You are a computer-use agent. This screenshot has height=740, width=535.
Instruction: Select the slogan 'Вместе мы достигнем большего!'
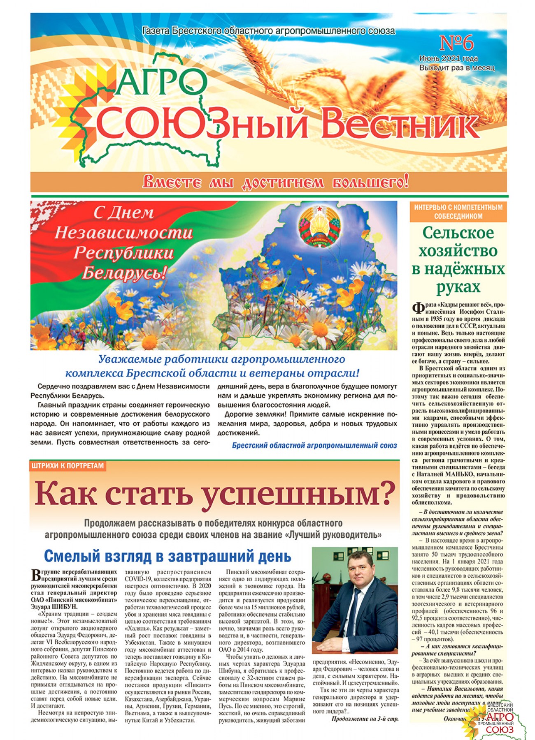point(275,182)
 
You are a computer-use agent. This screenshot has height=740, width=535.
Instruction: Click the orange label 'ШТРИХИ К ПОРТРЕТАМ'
point(68,466)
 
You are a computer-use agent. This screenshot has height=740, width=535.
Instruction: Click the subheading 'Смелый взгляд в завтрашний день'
point(167,556)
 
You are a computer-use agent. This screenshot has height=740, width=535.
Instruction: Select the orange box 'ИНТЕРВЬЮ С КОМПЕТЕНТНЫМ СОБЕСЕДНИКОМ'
point(458,212)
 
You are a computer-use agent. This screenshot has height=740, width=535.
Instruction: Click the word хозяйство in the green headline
point(458,250)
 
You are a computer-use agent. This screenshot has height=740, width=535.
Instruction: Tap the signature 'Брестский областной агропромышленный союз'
point(314,445)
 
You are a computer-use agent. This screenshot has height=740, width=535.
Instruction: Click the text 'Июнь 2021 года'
point(448,58)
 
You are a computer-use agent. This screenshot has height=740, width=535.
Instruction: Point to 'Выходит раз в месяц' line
point(456,67)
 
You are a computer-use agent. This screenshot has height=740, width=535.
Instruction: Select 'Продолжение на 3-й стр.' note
point(365,719)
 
